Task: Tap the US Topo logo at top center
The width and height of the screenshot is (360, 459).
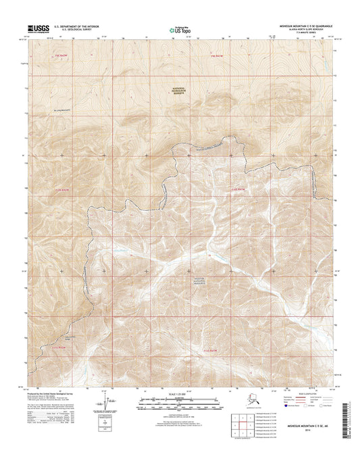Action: [x=179, y=30]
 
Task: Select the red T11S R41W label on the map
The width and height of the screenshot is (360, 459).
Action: [x=209, y=351]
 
